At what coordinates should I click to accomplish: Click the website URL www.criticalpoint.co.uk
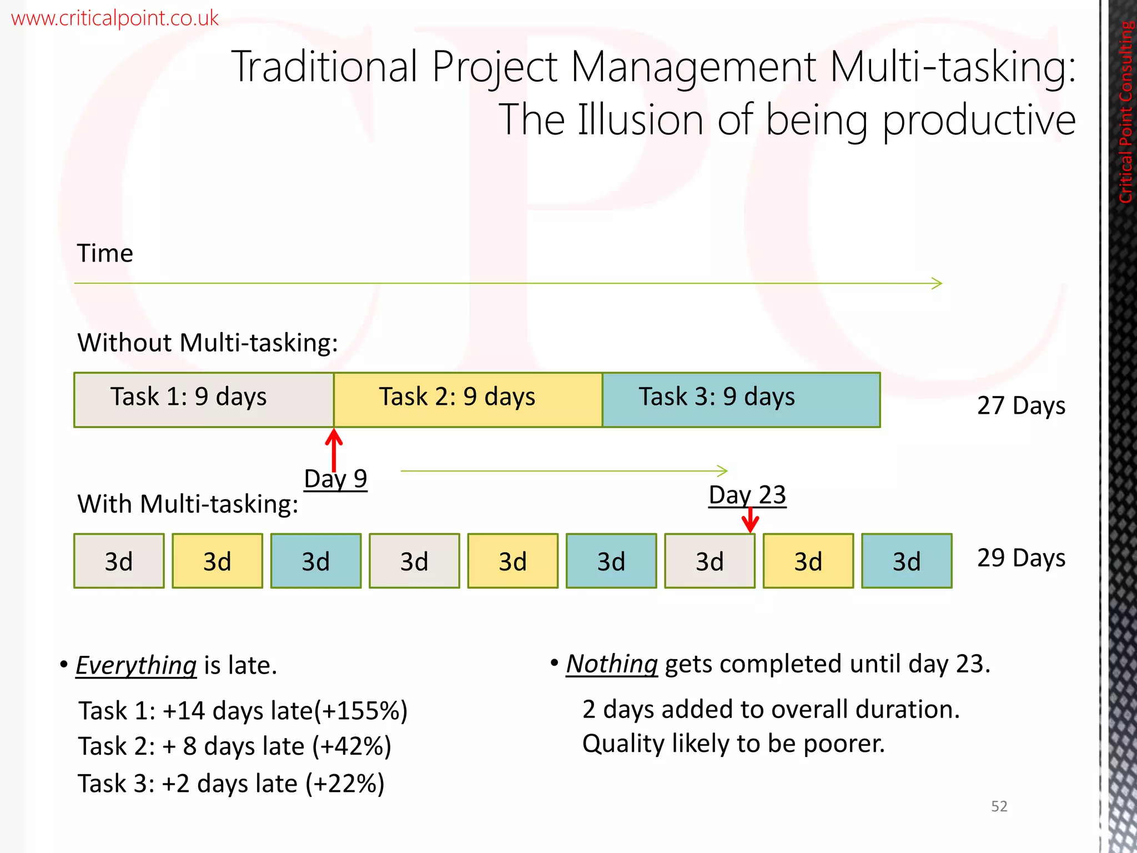coord(114,18)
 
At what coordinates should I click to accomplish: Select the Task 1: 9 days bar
coord(204,400)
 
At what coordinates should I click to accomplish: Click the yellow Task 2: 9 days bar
coord(467,400)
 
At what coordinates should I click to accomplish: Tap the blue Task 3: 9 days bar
coord(741,400)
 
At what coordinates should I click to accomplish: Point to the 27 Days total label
coord(1021,405)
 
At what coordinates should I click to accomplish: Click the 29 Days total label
coord(1021,558)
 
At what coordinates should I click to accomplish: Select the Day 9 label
coord(335,478)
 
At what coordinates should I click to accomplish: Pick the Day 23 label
coord(747,494)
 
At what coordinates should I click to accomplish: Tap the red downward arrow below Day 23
coord(750,521)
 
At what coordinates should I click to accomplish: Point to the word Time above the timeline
coord(105,253)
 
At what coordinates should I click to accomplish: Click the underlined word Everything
coord(136,665)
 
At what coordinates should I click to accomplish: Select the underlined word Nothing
coord(612,664)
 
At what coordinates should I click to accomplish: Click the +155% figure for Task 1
coord(361,711)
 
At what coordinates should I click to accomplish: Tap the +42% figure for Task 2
coord(352,746)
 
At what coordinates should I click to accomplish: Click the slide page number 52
coord(999,806)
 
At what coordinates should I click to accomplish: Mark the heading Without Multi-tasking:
coord(208,342)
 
